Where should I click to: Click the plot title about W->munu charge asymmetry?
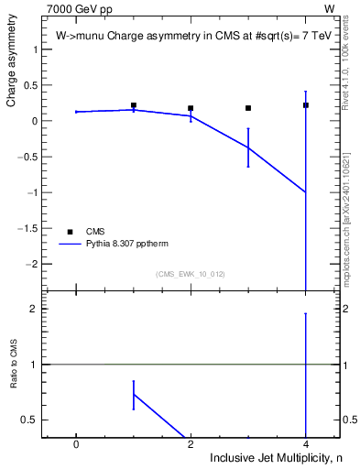click(184, 35)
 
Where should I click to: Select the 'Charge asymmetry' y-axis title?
click(12, 65)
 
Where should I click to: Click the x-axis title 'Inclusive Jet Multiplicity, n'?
click(274, 457)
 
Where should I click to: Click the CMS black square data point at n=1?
click(134, 105)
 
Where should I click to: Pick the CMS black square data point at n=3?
click(248, 108)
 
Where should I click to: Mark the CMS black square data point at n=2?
click(191, 108)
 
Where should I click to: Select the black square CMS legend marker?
click(69, 231)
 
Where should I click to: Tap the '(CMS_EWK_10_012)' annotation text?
click(191, 273)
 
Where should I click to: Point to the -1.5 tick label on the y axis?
click(32, 228)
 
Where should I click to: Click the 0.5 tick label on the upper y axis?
click(34, 85)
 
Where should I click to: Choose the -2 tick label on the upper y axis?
click(36, 264)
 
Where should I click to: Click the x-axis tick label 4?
click(306, 443)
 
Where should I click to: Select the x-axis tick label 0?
click(76, 443)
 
